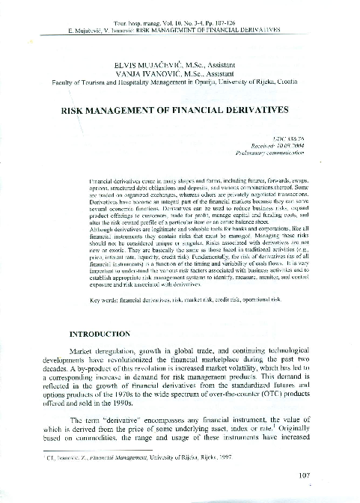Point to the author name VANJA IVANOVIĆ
[x=144, y=74]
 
